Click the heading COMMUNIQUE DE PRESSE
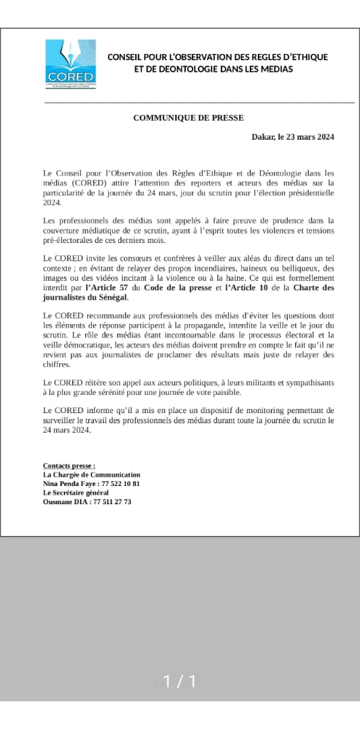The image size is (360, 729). tap(188, 117)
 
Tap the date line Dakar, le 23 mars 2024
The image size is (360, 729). tap(292, 137)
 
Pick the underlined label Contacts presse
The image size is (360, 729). tap(69, 466)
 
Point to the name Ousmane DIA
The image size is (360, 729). tap(66, 502)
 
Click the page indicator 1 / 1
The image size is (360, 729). tap(180, 682)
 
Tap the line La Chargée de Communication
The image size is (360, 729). tap(91, 475)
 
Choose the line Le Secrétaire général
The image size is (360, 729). tap(75, 493)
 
